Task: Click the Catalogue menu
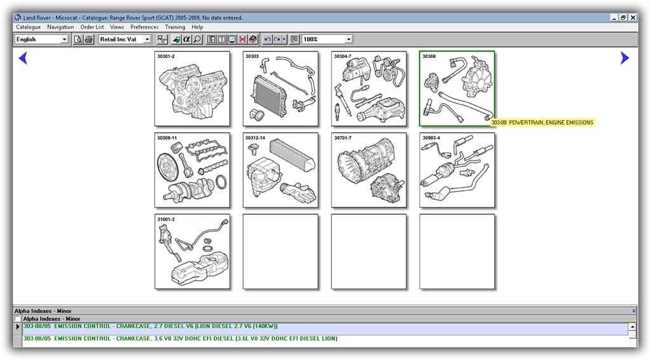coord(28,27)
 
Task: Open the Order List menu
coord(92,27)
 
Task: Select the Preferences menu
coord(144,27)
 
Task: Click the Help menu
coord(197,27)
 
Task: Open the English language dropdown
coord(41,39)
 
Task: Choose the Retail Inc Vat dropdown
coord(125,39)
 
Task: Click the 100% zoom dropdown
coord(327,39)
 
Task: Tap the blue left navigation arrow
coord(23,59)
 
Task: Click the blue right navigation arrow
coord(624,59)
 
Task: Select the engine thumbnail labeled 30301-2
coord(192,89)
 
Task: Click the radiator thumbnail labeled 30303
coord(280,89)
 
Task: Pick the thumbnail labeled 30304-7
coord(369,89)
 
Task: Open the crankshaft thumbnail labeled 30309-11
coord(192,170)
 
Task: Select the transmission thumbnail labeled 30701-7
coord(369,170)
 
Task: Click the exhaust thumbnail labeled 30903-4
coord(457,170)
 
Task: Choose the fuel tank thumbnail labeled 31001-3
coord(192,252)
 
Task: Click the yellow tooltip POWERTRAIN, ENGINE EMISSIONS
coord(542,123)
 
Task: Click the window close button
coord(633,18)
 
